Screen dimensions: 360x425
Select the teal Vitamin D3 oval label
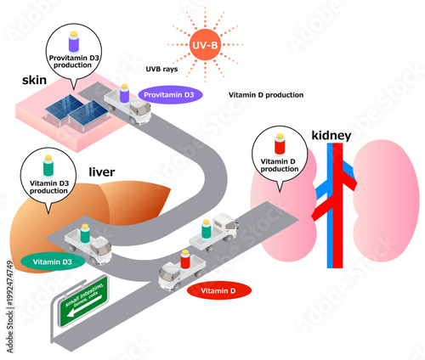click(53, 262)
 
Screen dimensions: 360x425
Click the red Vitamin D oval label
click(218, 290)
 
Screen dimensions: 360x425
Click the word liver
click(102, 172)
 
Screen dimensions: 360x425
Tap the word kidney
click(331, 135)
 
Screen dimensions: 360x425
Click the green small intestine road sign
click(82, 300)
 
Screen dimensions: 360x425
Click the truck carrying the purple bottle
click(127, 106)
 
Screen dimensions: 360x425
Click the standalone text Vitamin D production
click(267, 95)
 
